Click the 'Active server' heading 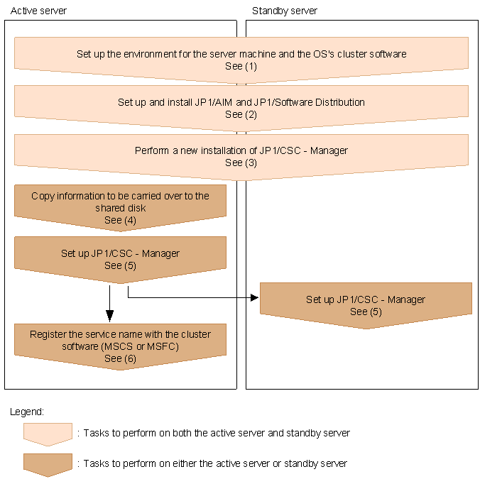[39, 11]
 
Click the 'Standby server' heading [284, 11]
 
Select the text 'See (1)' [241, 66]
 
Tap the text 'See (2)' [241, 114]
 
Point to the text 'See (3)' [241, 163]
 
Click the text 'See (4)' [120, 220]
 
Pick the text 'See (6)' [120, 358]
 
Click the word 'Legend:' [27, 412]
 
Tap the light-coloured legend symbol [48, 433]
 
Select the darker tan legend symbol [48, 463]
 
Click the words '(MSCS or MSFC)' [144, 346]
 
